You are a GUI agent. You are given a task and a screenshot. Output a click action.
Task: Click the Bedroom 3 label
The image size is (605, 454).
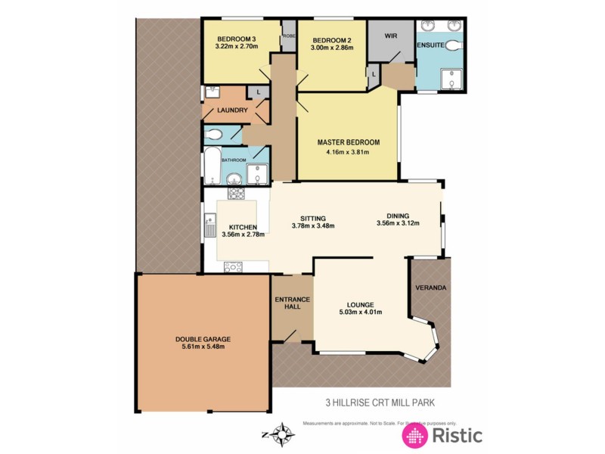point(236,39)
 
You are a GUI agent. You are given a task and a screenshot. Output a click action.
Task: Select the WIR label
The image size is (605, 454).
point(391,36)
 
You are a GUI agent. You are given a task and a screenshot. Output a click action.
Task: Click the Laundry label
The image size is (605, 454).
point(232,110)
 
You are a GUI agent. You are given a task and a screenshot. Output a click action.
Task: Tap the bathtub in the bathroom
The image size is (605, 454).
point(211,167)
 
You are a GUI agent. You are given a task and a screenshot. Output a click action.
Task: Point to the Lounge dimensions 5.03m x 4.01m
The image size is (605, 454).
point(359,312)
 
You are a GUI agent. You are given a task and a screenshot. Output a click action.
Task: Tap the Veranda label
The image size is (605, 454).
point(431,288)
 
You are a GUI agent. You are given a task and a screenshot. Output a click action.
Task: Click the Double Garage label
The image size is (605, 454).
point(203,339)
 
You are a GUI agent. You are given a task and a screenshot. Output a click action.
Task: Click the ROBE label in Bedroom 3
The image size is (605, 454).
point(289,35)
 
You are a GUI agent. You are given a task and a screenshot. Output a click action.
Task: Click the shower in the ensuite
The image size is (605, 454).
point(454,78)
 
